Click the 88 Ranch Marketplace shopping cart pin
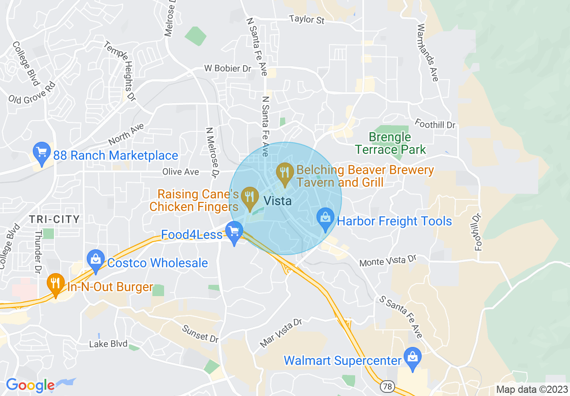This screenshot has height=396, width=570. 42,153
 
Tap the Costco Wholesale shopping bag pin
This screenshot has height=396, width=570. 95,261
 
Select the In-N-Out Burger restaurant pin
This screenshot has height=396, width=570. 55,284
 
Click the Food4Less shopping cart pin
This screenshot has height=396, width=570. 234,232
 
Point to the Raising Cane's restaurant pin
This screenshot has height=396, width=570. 249,198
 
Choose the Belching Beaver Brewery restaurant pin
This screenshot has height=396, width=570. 285,174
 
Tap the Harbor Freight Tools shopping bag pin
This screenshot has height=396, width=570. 325,219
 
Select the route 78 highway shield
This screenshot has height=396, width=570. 387,386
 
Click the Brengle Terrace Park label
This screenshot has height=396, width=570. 390,143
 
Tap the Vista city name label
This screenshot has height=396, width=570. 277,201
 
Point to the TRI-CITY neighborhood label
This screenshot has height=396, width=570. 54,220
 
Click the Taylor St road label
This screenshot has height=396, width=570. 307,20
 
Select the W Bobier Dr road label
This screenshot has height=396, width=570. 227,68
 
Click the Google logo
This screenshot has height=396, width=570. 30,385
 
